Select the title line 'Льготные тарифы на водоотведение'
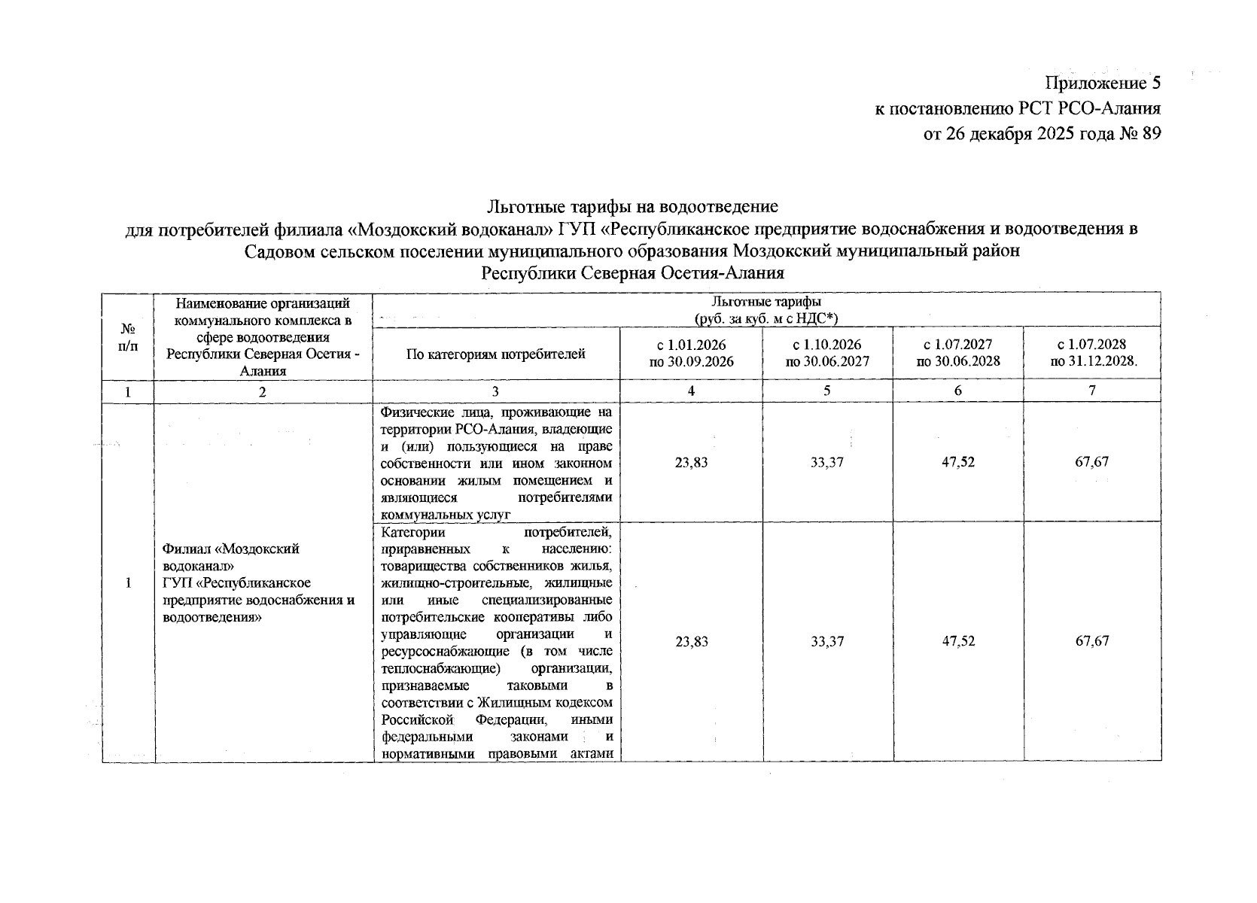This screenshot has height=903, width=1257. [632, 205]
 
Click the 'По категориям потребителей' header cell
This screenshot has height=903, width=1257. [496, 354]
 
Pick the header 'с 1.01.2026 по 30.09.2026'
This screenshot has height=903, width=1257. [691, 353]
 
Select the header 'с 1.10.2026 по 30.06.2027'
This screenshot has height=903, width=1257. [827, 353]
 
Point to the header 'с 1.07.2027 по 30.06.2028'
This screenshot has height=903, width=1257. [957, 353]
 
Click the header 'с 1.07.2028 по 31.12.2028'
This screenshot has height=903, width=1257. [1091, 353]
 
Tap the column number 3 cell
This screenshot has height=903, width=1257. [496, 391]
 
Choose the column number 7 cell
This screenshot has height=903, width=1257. [1091, 391]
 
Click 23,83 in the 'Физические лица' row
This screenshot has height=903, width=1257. [691, 462]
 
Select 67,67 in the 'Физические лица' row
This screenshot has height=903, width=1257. [1091, 462]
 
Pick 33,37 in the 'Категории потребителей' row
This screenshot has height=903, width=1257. [827, 642]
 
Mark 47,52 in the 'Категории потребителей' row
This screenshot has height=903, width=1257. [957, 642]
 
